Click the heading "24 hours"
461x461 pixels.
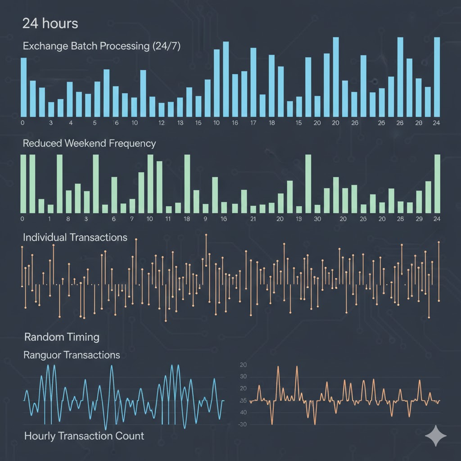click(x=50, y=23)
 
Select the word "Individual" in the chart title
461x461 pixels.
click(x=45, y=237)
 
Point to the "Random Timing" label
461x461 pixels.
click(x=62, y=337)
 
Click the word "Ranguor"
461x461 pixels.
click(x=42, y=355)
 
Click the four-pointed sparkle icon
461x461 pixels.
click(x=436, y=436)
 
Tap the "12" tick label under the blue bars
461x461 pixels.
click(x=162, y=123)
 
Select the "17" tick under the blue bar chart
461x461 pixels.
click(x=253, y=123)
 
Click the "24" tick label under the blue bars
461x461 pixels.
click(x=436, y=123)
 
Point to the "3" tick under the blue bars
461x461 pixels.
click(x=51, y=123)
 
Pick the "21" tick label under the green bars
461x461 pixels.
click(x=253, y=219)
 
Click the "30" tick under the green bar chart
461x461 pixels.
click(x=317, y=219)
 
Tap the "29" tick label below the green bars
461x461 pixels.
click(x=419, y=219)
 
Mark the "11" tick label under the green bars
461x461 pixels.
click(x=168, y=219)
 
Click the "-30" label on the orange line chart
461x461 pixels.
click(x=243, y=425)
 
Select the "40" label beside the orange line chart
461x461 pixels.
click(x=243, y=412)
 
